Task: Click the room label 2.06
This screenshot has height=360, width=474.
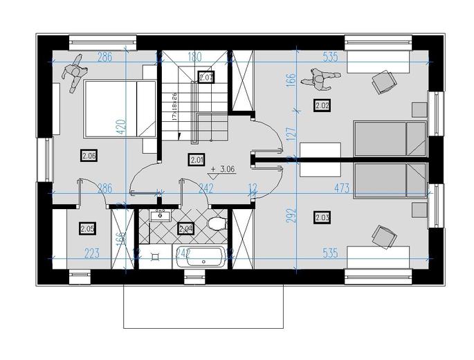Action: click(x=89, y=155)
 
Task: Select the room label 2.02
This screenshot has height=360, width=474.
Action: click(x=322, y=105)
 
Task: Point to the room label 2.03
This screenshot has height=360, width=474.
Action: click(x=322, y=218)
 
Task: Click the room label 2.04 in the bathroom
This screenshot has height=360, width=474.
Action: click(x=185, y=228)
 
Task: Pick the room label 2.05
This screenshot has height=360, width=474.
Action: click(x=87, y=228)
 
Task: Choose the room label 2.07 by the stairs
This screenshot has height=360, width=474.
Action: click(x=206, y=78)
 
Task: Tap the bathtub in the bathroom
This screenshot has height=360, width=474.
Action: click(x=201, y=257)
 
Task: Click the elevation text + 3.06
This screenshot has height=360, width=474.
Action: click(x=225, y=168)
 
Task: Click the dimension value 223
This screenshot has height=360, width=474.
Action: click(x=91, y=253)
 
